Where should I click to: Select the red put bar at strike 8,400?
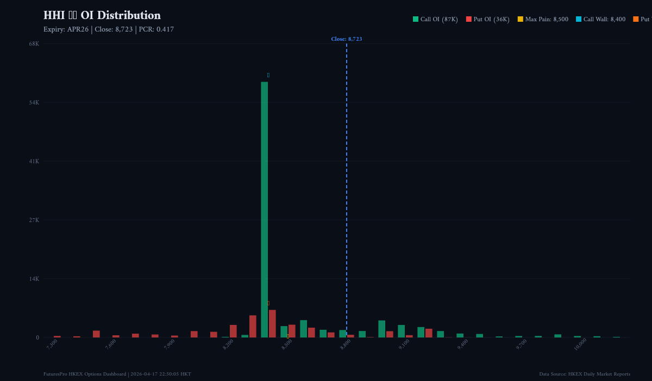click(x=272, y=324)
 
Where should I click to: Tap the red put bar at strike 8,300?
click(x=253, y=327)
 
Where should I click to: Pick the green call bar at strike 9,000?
click(x=381, y=329)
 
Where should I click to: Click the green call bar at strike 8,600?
click(x=303, y=329)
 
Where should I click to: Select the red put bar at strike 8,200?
click(x=233, y=331)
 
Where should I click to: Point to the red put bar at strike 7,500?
click(x=96, y=334)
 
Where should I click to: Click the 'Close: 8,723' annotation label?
click(x=346, y=39)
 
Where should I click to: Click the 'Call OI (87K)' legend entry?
click(x=435, y=20)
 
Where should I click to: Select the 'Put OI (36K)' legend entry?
click(x=487, y=20)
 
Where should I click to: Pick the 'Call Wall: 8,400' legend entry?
click(x=600, y=20)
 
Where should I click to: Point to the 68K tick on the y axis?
click(x=34, y=44)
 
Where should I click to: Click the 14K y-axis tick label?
click(x=34, y=279)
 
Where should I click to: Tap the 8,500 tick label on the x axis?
click(x=287, y=344)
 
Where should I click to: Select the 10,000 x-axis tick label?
click(x=580, y=344)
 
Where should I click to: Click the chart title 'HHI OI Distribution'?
click(x=102, y=16)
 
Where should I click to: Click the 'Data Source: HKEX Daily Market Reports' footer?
click(x=585, y=374)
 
